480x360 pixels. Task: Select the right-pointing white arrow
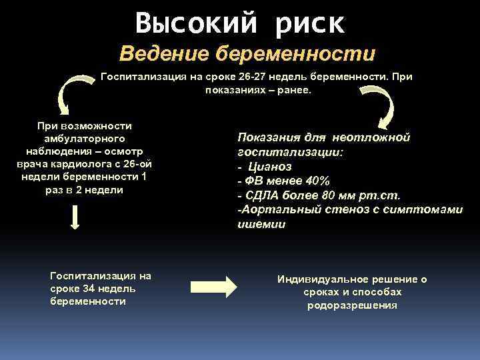click(x=213, y=285)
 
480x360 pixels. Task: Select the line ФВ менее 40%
click(x=283, y=181)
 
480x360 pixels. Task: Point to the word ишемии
click(x=261, y=225)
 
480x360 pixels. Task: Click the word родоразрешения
click(x=352, y=305)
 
